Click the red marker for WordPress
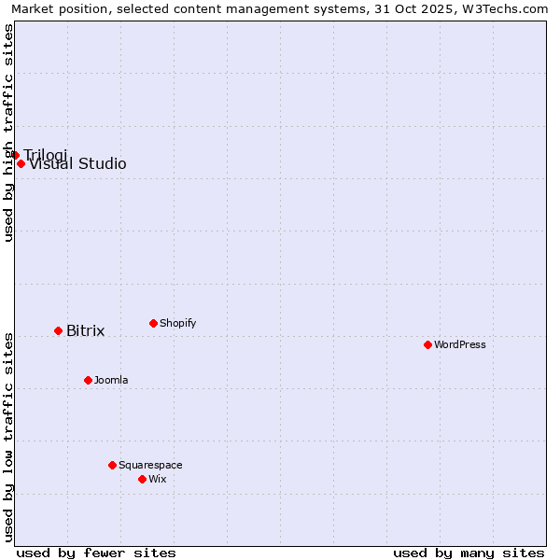pyautogui.click(x=427, y=344)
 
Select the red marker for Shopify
pyautogui.click(x=153, y=323)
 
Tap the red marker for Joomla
pyautogui.click(x=88, y=380)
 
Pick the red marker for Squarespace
pyautogui.click(x=112, y=465)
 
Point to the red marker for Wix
pyautogui.click(x=142, y=479)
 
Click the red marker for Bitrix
pyautogui.click(x=58, y=330)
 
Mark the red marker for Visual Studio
pyautogui.click(x=21, y=163)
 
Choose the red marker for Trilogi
pyautogui.click(x=15, y=155)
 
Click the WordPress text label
pyautogui.click(x=459, y=344)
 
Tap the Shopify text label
pyautogui.click(x=177, y=323)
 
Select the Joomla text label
pyautogui.click(x=111, y=380)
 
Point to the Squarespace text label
pyautogui.click(x=150, y=465)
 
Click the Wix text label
pyautogui.click(x=157, y=479)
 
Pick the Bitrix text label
pyautogui.click(x=85, y=331)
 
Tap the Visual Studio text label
pyautogui.click(x=77, y=164)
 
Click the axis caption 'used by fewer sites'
pyautogui.click(x=96, y=553)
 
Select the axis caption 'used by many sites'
pyautogui.click(x=469, y=553)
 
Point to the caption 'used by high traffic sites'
pyautogui.click(x=8, y=133)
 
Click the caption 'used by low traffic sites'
pyautogui.click(x=8, y=437)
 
